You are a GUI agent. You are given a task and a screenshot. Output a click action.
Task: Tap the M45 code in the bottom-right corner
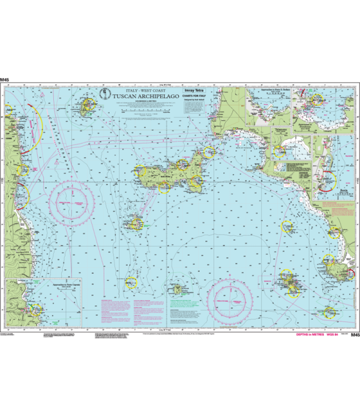(355, 335)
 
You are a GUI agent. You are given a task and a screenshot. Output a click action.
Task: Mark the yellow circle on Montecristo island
(131, 283)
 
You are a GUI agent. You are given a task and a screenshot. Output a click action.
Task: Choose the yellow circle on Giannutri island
(329, 312)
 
